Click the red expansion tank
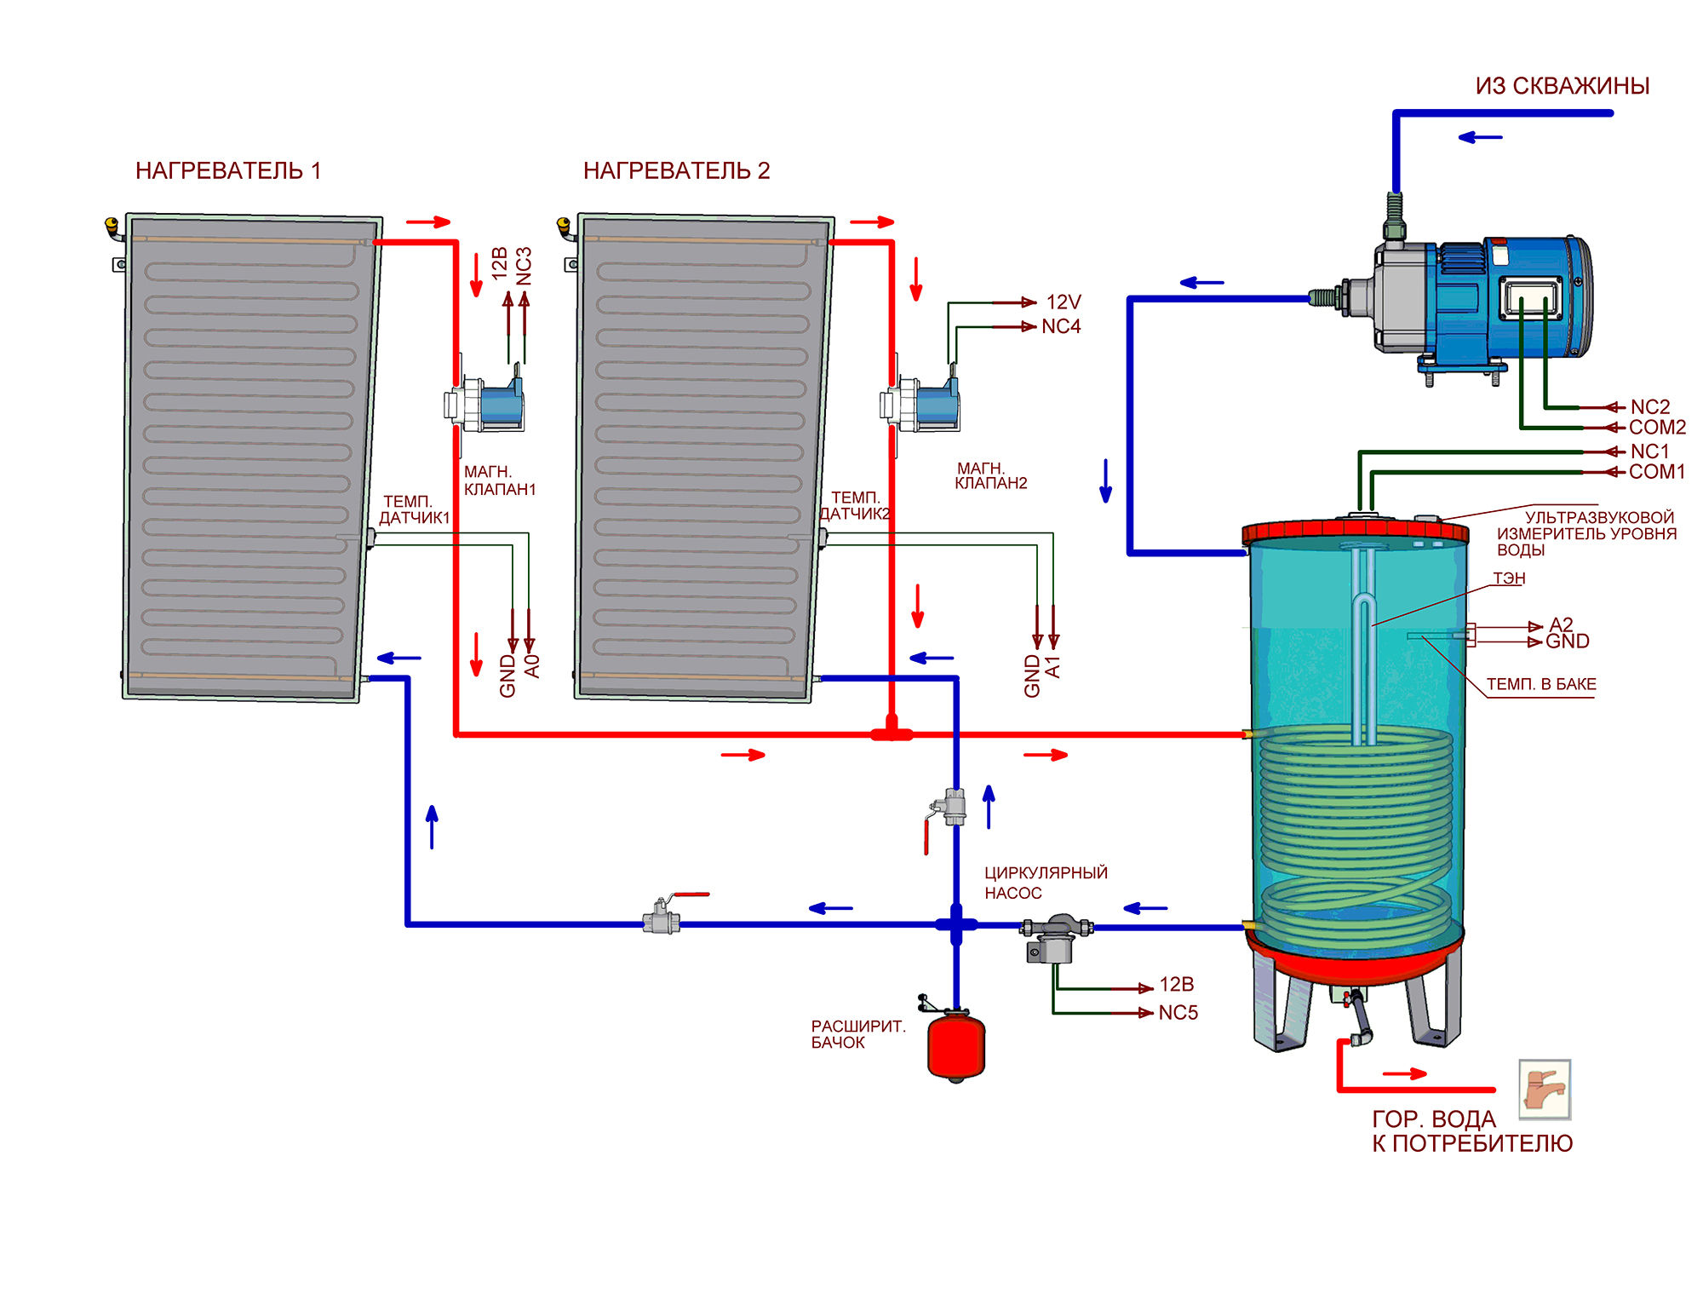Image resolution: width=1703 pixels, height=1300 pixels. (x=955, y=1045)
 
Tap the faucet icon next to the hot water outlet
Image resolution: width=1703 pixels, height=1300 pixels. (x=1544, y=1088)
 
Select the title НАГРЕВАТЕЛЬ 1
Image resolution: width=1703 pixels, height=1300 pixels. (x=228, y=171)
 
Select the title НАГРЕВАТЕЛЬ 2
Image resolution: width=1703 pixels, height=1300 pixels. (x=676, y=171)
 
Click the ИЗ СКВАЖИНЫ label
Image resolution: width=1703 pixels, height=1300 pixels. (x=1562, y=86)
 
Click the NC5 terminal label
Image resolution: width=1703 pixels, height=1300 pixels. (x=1178, y=1013)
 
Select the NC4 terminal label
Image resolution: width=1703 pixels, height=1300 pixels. (x=1061, y=327)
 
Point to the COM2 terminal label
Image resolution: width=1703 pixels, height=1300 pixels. (x=1657, y=428)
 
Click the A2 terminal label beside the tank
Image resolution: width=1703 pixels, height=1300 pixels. (x=1561, y=624)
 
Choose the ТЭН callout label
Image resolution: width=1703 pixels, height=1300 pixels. (x=1509, y=578)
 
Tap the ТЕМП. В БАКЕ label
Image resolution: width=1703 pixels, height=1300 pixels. (x=1541, y=684)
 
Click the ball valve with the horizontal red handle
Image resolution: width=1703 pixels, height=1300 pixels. (x=662, y=916)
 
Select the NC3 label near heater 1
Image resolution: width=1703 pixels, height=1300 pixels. (x=524, y=266)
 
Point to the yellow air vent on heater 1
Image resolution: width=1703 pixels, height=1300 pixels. (x=112, y=226)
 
